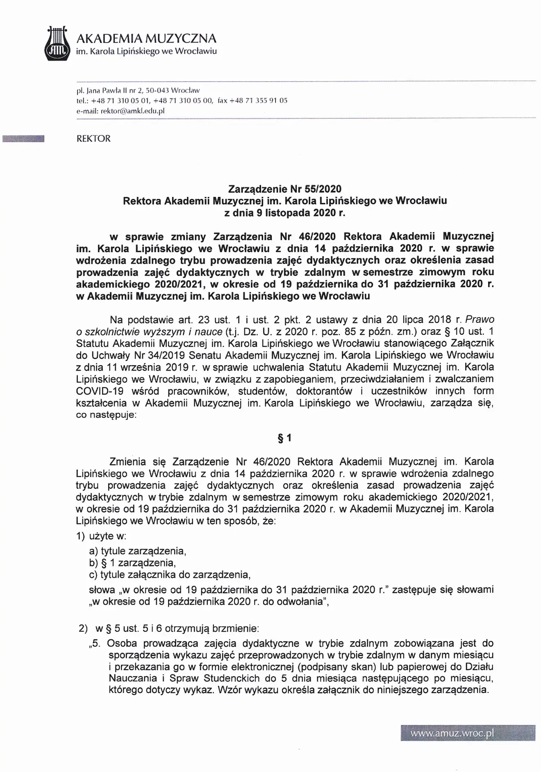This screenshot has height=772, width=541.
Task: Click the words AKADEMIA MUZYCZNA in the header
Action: point(146,39)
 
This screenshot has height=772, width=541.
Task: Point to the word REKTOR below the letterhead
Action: point(93,139)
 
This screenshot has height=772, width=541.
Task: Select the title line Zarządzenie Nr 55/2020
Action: point(284,189)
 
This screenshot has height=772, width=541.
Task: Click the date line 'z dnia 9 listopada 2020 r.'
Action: point(284,213)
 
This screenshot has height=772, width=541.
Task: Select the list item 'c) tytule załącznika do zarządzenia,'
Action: point(170,574)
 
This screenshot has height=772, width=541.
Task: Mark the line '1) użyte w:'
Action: point(101,536)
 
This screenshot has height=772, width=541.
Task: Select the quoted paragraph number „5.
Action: point(94,643)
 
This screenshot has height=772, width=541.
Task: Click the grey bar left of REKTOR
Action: point(23,139)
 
